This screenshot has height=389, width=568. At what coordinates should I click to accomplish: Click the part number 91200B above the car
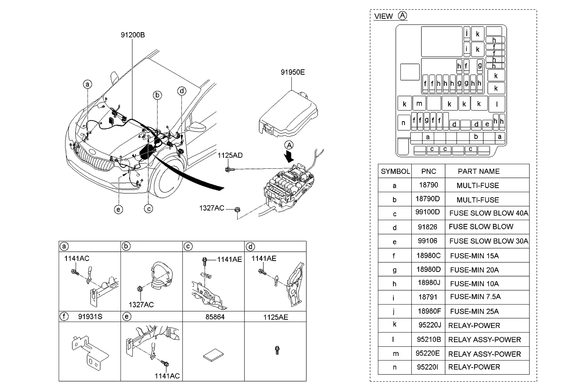click(x=132, y=34)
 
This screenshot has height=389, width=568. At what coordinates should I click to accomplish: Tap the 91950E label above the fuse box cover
click(x=293, y=72)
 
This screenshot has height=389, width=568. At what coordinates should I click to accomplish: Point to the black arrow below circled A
click(x=289, y=156)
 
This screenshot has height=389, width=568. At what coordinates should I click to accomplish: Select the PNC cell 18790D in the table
click(x=428, y=200)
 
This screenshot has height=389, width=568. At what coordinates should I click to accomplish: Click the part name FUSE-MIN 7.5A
click(x=475, y=297)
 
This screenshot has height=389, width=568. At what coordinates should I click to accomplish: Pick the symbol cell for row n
click(x=394, y=367)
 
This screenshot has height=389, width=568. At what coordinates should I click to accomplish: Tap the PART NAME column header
click(x=478, y=171)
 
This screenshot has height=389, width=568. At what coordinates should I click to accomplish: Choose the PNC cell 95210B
click(x=429, y=339)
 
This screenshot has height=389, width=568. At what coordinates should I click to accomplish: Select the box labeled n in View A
click(x=404, y=123)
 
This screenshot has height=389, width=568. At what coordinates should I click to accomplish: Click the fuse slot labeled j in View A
click(x=466, y=33)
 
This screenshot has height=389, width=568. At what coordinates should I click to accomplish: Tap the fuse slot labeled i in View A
click(x=466, y=49)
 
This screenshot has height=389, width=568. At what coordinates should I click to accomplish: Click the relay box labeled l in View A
click(x=497, y=104)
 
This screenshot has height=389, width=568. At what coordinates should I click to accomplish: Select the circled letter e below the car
click(x=119, y=210)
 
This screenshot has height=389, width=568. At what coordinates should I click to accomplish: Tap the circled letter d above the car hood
click(x=182, y=91)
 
